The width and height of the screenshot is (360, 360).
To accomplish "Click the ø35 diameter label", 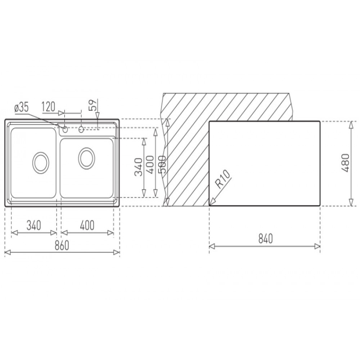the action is [22, 107].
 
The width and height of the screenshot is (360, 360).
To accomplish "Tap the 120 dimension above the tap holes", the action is [49, 107].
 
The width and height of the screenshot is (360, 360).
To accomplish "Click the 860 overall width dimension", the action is [62, 245].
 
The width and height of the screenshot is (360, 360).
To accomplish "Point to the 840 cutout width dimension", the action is [265, 239].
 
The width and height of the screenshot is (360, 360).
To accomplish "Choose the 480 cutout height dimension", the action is [345, 163].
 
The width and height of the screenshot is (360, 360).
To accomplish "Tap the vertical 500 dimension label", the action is [162, 165].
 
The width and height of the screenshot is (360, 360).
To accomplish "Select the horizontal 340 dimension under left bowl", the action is [34, 225].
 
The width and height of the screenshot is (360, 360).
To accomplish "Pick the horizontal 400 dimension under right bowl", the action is [87, 225].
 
